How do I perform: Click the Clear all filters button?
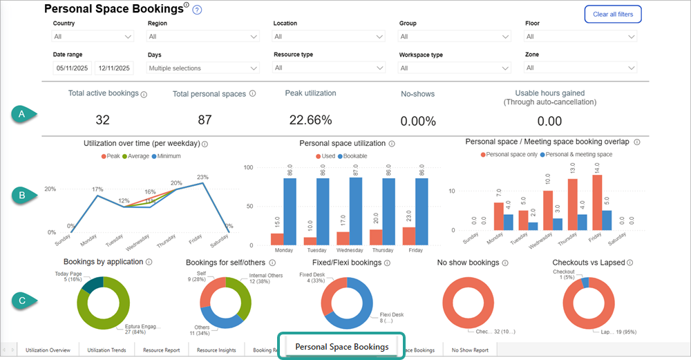pos(613,14)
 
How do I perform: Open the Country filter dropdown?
pos(93,37)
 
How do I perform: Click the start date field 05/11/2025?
pos(72,68)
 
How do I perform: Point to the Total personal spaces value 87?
pos(205,120)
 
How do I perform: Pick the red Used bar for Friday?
pos(409,236)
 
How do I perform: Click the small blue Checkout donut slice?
pos(585,282)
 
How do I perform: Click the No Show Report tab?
pos(470,350)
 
